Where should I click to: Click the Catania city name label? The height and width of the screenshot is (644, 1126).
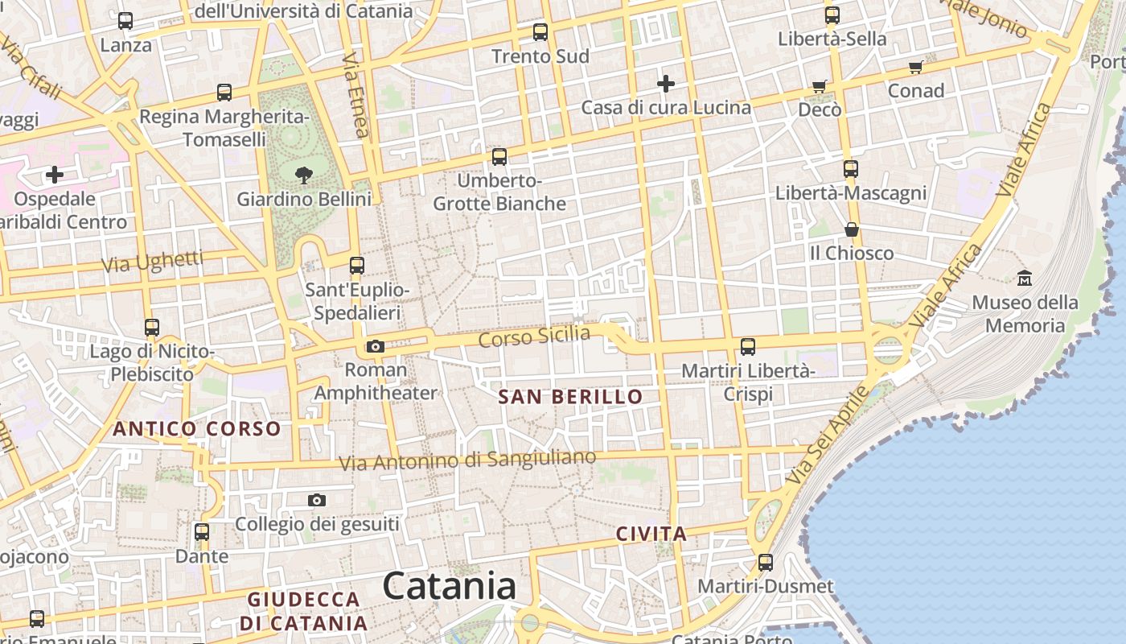449,586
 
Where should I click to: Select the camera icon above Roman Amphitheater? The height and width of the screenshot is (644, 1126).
375,346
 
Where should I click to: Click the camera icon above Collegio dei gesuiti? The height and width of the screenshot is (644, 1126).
317,500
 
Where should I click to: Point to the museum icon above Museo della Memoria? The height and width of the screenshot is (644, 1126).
1025,279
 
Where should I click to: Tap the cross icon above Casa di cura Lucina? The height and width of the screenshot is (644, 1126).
666,83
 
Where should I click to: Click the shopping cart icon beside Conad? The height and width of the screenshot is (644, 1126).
915,67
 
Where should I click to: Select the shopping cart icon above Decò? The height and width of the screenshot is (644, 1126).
820,85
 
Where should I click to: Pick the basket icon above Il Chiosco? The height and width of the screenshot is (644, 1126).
852,229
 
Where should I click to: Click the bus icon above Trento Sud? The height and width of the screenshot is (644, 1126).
540,32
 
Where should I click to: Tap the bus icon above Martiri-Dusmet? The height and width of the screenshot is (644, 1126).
766,562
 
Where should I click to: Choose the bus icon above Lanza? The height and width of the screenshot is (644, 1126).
125,21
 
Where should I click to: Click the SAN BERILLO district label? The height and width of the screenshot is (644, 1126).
570,396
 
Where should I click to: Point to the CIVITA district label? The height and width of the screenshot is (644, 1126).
651,533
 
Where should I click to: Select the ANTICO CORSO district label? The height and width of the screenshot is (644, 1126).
196,428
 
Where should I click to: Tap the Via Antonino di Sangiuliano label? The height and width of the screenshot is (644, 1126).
467,460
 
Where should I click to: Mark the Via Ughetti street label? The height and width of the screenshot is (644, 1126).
152,261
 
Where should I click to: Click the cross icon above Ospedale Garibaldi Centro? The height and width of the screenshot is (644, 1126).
55,174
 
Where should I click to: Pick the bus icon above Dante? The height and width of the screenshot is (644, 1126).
202,532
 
